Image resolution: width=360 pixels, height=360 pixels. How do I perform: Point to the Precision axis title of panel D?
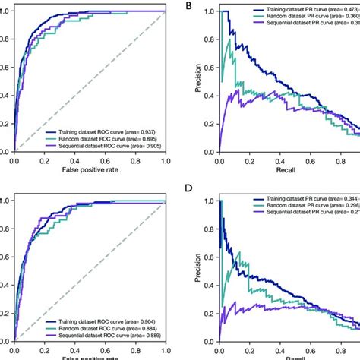tap(197, 268)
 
